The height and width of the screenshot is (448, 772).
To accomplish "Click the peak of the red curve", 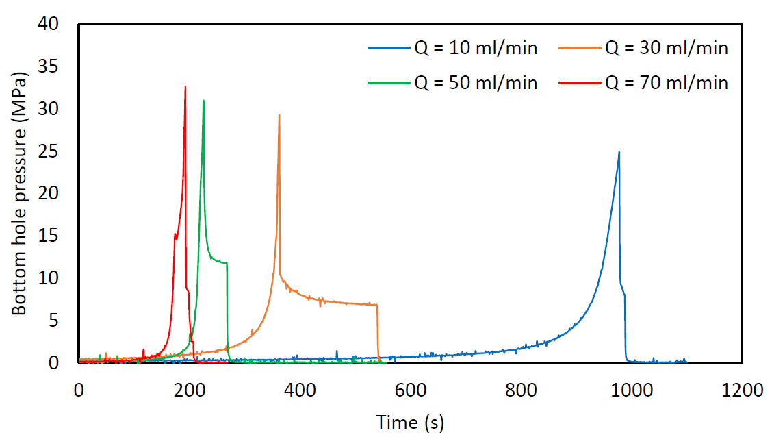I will click(x=185, y=86).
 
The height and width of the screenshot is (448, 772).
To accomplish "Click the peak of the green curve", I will click(x=203, y=101).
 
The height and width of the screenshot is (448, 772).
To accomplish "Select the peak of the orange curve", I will click(x=279, y=115).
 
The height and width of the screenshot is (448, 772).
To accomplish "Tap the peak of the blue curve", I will click(x=619, y=152).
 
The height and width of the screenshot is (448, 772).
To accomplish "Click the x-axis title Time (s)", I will click(x=410, y=423).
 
